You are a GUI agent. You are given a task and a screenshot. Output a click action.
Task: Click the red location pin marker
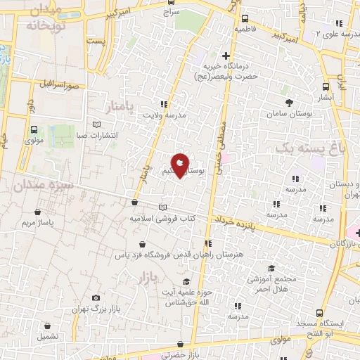pos(180,165)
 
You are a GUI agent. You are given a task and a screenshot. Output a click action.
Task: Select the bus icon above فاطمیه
pos(244,19)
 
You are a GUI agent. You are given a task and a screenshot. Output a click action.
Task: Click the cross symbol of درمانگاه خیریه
pos(225,56)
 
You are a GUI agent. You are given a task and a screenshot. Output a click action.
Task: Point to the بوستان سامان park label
pos(285,112)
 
